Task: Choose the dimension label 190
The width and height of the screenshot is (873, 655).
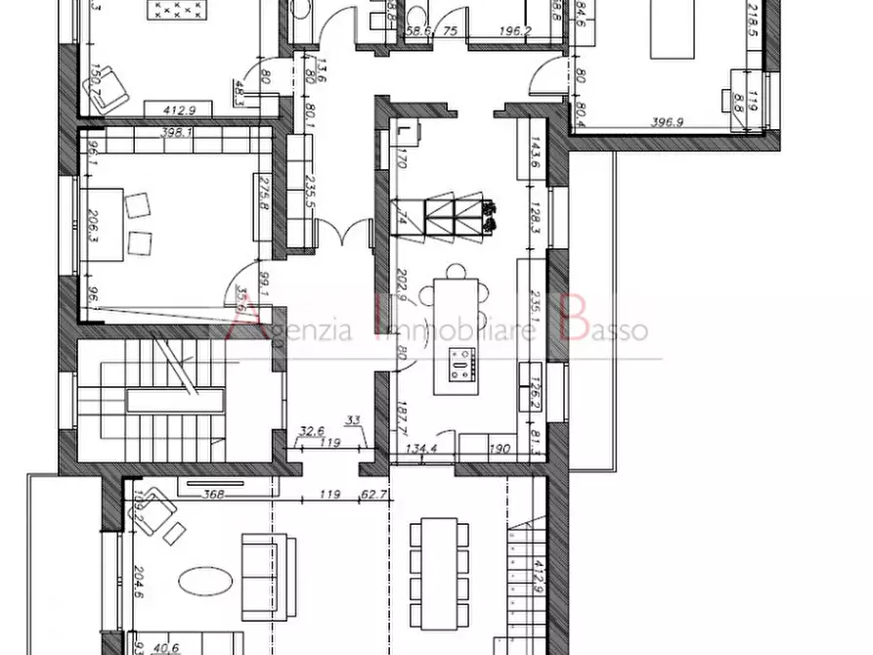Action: tap(499, 450)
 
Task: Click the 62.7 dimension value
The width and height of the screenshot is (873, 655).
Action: tap(372, 495)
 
